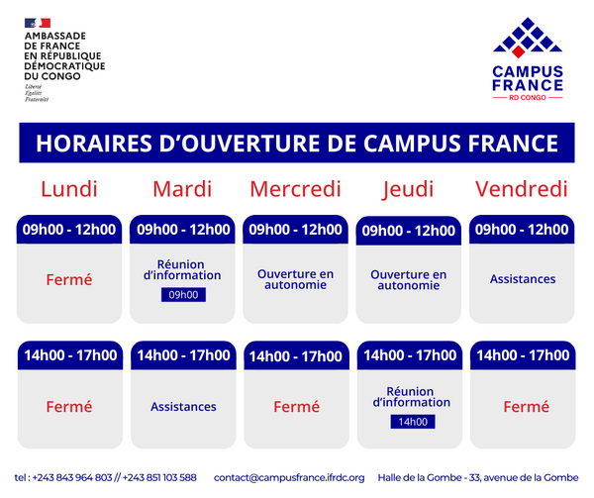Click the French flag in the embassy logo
[x=39, y=22]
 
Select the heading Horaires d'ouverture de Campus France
[x=296, y=144]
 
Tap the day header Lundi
[x=68, y=189]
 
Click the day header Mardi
[x=183, y=189]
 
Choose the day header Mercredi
[x=295, y=189]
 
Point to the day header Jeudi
[x=409, y=189]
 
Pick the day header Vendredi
[x=522, y=189]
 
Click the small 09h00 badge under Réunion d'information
[x=183, y=295]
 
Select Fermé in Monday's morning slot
[x=68, y=280]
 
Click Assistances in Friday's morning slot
[x=522, y=279]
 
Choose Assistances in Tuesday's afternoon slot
[x=183, y=406]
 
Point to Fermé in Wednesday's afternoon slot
[x=296, y=406]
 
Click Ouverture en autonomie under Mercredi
[x=296, y=279]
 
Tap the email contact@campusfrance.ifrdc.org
[x=289, y=477]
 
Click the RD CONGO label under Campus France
[x=527, y=98]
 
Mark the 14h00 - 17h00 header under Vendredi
[x=522, y=355]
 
